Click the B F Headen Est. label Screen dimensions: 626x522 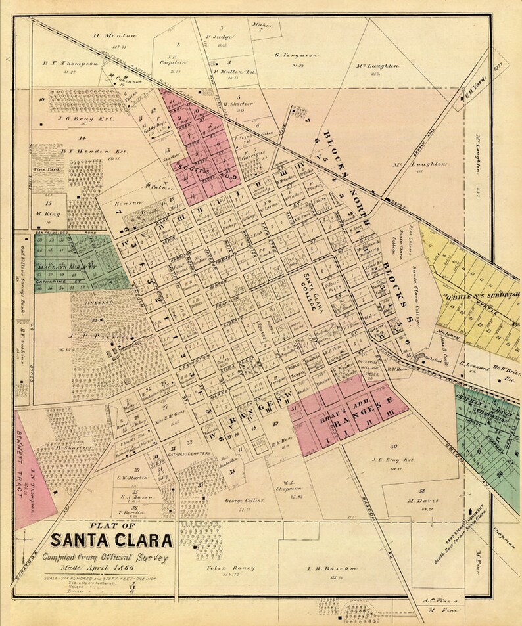tap(83, 150)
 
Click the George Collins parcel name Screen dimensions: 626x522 tap(244, 501)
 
